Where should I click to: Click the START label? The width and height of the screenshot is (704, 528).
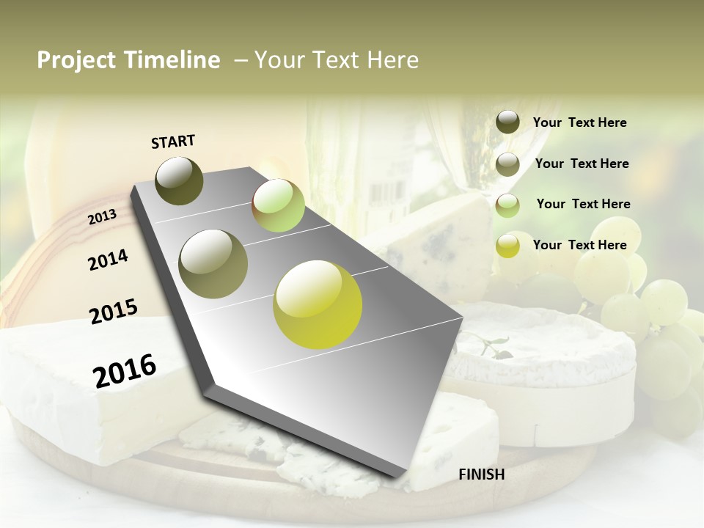tap(173, 142)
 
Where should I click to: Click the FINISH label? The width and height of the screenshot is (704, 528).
tap(481, 474)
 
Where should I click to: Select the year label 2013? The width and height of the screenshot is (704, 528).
tap(102, 217)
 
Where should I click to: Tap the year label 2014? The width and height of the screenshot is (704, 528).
tap(108, 260)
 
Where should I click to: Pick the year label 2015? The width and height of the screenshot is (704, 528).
tap(114, 312)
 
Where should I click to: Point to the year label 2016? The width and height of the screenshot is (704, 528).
tap(125, 370)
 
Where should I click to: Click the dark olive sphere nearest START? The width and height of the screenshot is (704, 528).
tap(179, 180)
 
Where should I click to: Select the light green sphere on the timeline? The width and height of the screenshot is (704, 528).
tap(278, 205)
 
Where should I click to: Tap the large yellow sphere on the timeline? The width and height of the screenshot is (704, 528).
tap(318, 304)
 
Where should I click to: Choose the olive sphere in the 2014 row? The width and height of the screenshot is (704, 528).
tap(213, 263)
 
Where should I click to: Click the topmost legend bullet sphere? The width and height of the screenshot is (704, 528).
tap(507, 122)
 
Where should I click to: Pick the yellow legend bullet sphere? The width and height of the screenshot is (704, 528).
tap(507, 246)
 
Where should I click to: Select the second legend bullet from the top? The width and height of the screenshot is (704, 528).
tap(507, 164)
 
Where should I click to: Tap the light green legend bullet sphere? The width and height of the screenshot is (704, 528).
tap(507, 205)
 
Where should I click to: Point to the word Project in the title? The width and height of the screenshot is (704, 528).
tap(76, 60)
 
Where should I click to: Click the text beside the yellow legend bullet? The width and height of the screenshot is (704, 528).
tap(579, 245)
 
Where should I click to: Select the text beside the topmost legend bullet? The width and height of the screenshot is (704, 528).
tap(579, 122)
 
